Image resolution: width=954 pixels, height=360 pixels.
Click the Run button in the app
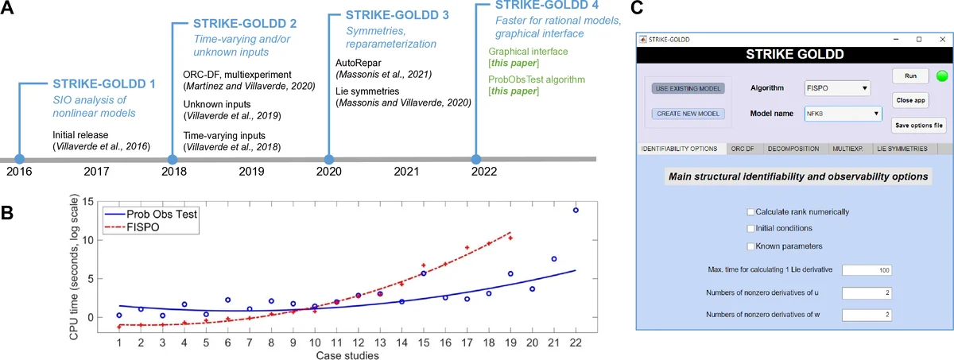point(911,76)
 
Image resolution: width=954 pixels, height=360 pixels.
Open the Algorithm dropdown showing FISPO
point(836,87)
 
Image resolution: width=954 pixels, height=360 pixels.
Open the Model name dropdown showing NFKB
point(843,114)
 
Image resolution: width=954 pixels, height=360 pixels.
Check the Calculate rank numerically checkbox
point(750,211)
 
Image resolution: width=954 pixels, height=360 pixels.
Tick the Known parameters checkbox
point(750,246)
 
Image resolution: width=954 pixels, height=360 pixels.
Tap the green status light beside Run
point(942,76)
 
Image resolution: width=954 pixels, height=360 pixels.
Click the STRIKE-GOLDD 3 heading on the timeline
point(397,15)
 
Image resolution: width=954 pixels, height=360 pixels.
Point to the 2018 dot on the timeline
point(174,159)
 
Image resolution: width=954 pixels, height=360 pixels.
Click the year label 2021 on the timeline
point(405,172)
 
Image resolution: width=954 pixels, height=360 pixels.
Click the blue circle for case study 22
point(576,211)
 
